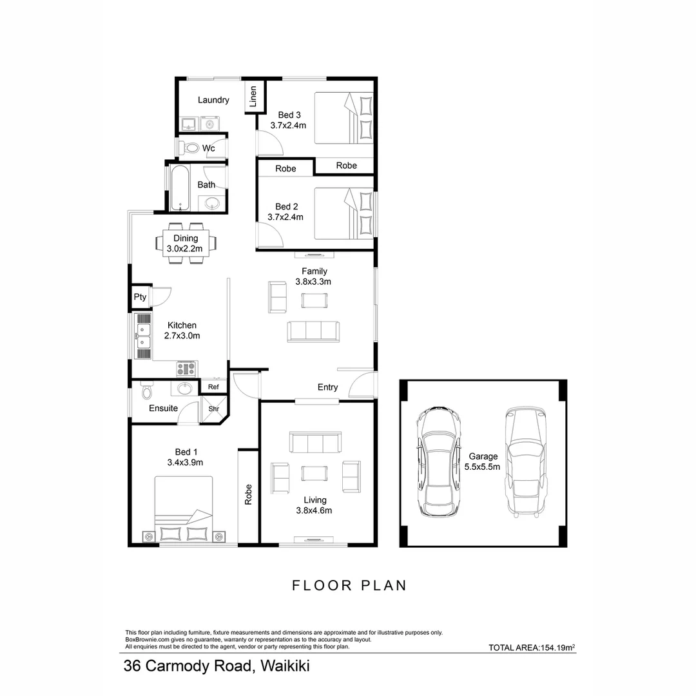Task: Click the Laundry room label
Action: point(213,101)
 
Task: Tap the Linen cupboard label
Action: point(253,96)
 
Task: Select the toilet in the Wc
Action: point(189,148)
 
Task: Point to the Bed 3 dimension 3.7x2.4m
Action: point(288,126)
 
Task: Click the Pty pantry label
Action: point(140,297)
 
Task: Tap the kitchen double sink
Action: point(143,336)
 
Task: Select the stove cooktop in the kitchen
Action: point(186,369)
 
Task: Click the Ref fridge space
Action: point(213,387)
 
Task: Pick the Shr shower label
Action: point(214,409)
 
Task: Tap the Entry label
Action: point(327,387)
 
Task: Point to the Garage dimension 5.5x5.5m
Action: point(482,467)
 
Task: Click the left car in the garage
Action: point(438,461)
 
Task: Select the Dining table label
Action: point(186,238)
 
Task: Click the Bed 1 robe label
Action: point(248,494)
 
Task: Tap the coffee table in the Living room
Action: point(314,473)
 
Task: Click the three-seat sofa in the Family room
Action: point(313,331)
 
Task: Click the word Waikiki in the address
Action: point(285,666)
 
